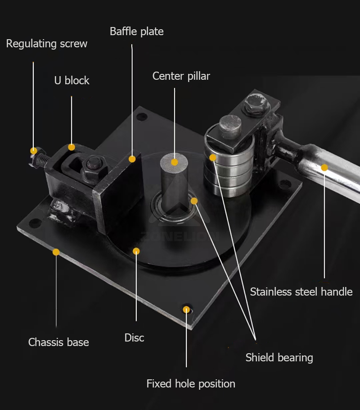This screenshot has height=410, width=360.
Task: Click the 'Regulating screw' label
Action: click(x=47, y=44)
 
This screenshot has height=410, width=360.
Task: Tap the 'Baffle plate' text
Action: click(x=137, y=32)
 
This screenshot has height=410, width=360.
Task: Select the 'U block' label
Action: click(x=72, y=80)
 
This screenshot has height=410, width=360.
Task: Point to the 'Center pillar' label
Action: click(x=181, y=76)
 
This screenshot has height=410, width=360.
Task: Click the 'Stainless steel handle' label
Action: click(x=301, y=292)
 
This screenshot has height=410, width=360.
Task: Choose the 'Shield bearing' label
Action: click(x=279, y=357)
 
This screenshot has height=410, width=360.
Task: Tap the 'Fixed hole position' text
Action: click(x=191, y=383)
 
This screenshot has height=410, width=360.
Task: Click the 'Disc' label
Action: click(x=134, y=337)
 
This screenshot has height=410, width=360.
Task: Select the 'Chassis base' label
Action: click(x=58, y=342)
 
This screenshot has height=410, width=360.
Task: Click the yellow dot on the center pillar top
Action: click(x=175, y=162)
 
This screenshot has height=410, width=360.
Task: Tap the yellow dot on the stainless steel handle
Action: click(x=324, y=168)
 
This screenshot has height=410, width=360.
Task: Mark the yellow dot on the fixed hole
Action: click(x=186, y=310)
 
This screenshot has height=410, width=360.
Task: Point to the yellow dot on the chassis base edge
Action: click(x=56, y=252)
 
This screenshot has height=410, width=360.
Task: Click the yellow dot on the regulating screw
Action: click(x=33, y=150)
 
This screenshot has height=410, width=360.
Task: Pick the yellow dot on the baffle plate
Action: click(x=132, y=159)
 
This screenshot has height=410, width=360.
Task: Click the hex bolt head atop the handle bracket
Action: click(x=256, y=105)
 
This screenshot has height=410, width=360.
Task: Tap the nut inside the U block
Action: click(x=94, y=167)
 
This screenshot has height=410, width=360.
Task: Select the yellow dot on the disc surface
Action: click(x=136, y=251)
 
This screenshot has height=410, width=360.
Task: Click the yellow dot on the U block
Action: click(x=72, y=147)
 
